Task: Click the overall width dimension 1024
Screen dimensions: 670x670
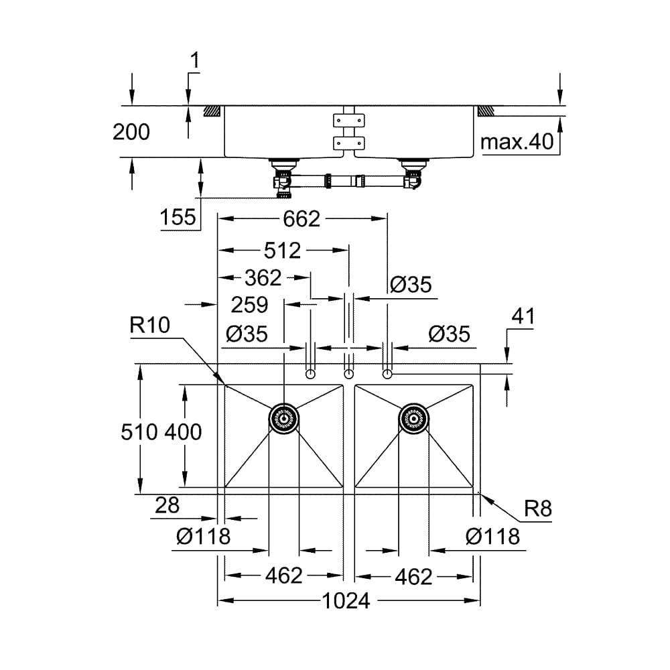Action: click(346, 601)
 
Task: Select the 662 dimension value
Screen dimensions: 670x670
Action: click(301, 218)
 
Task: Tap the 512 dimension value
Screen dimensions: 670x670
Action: click(282, 251)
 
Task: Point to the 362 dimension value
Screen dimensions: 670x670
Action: click(263, 277)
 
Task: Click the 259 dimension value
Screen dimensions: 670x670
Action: click(249, 305)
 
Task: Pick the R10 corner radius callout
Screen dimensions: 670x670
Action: click(150, 326)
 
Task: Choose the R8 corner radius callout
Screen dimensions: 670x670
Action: click(537, 509)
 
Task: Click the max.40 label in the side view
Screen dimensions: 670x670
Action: click(517, 141)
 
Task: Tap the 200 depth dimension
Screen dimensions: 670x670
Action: click(131, 132)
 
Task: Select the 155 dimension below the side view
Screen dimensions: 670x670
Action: click(178, 217)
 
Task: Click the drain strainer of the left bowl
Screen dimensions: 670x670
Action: click(284, 419)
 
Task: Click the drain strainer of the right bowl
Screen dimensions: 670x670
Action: click(413, 419)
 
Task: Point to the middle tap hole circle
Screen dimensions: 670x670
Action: click(348, 373)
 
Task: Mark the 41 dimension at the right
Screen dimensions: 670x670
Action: click(523, 317)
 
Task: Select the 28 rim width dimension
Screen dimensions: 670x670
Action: click(167, 505)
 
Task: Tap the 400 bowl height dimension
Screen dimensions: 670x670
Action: click(182, 432)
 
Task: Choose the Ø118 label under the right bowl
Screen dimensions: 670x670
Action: click(492, 536)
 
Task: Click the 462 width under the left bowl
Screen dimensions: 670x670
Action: click(284, 576)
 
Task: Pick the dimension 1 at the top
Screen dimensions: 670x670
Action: click(195, 61)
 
